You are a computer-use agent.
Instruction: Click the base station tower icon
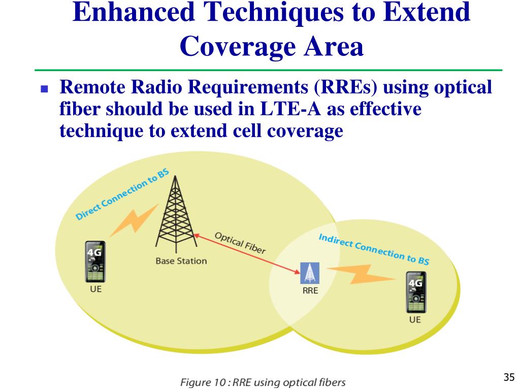tap(174, 216)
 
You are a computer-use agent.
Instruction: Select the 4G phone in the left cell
tap(95, 263)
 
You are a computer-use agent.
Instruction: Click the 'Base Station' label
tap(181, 261)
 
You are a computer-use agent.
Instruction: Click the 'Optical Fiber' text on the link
tap(240, 243)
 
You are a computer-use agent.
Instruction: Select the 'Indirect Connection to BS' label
tap(373, 249)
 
